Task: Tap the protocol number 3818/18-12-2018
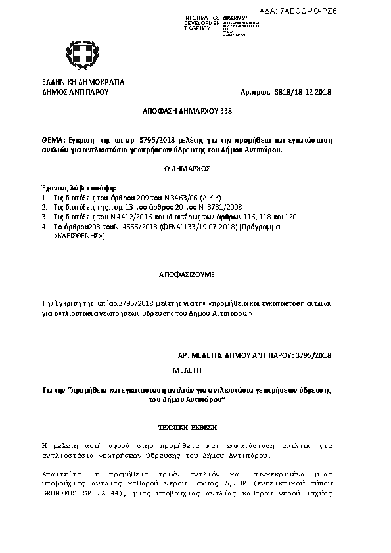pos(302,93)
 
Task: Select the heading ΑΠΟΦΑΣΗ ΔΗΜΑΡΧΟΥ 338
pos(187,112)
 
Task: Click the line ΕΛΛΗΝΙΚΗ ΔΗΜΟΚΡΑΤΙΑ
pos(83,83)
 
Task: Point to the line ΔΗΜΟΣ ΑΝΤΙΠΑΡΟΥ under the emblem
pos(74,93)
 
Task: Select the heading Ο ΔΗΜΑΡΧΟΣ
pos(187,169)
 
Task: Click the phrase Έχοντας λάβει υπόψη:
pos(74,188)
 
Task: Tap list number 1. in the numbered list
pos(44,197)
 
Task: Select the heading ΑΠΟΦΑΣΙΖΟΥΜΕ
pos(187,271)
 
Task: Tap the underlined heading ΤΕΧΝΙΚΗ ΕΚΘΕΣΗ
pos(187,427)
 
